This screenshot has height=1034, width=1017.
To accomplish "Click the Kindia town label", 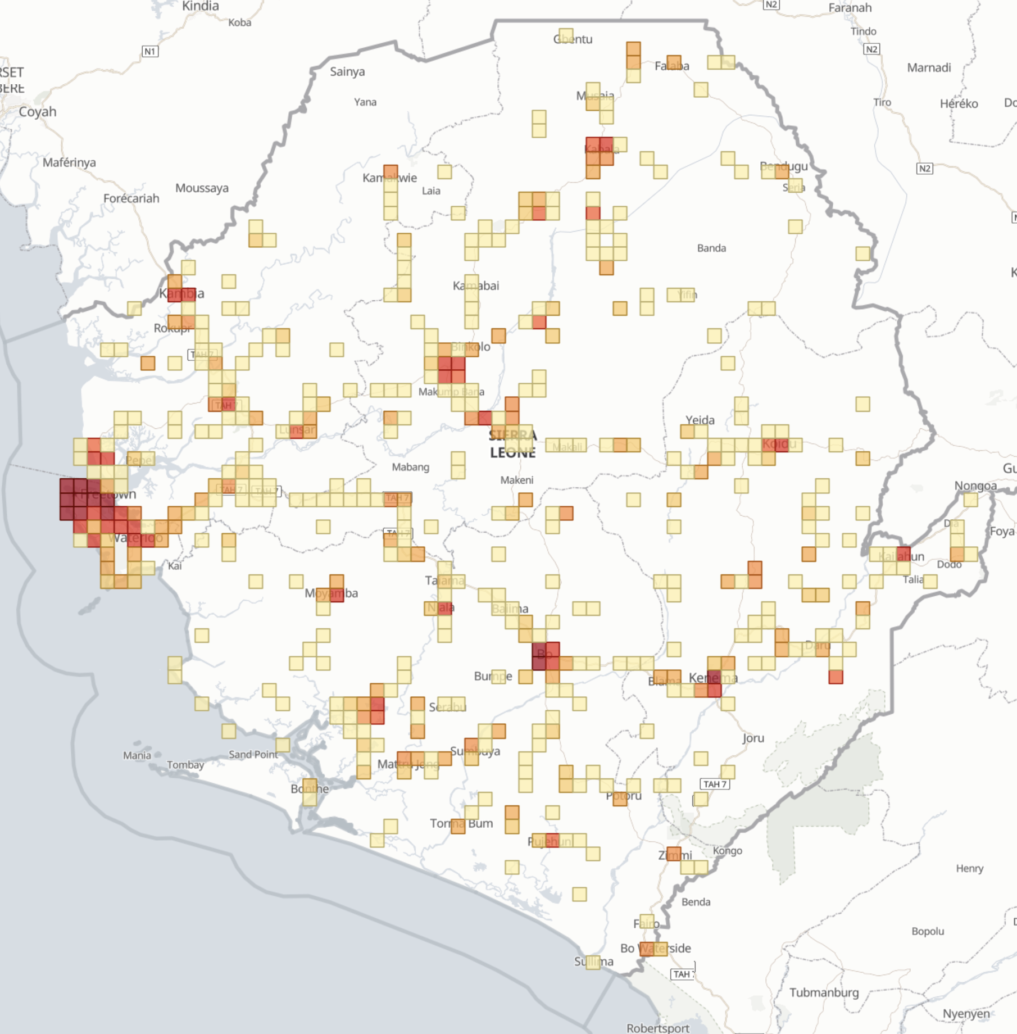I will (200, 6).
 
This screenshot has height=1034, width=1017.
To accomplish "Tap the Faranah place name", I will (850, 7).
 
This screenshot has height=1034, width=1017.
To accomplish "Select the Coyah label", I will (38, 111).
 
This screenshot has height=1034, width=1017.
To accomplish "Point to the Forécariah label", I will (131, 198).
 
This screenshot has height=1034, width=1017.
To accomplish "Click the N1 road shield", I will (149, 52).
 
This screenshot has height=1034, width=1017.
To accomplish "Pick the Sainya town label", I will (347, 71).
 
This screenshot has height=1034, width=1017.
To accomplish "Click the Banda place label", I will (711, 248).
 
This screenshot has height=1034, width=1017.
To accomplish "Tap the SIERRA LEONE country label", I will (512, 443).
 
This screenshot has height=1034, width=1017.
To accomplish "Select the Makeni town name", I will (517, 480).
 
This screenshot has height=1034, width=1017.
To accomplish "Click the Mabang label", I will (411, 467).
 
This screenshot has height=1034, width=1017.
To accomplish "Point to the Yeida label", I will (700, 420).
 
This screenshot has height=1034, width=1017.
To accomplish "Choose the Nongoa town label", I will (975, 486).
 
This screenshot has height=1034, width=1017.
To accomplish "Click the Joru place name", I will (753, 738).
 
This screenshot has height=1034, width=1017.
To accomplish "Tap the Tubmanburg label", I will (824, 992).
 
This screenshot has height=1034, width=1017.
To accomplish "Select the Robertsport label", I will (658, 1028).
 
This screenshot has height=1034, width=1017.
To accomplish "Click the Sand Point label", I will (253, 754).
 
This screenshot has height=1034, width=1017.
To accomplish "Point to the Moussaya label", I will (202, 188).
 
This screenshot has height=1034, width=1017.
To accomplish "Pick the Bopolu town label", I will (928, 931).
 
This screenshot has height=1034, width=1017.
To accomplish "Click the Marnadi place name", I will (929, 67).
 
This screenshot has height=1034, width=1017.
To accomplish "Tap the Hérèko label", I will (959, 103).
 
